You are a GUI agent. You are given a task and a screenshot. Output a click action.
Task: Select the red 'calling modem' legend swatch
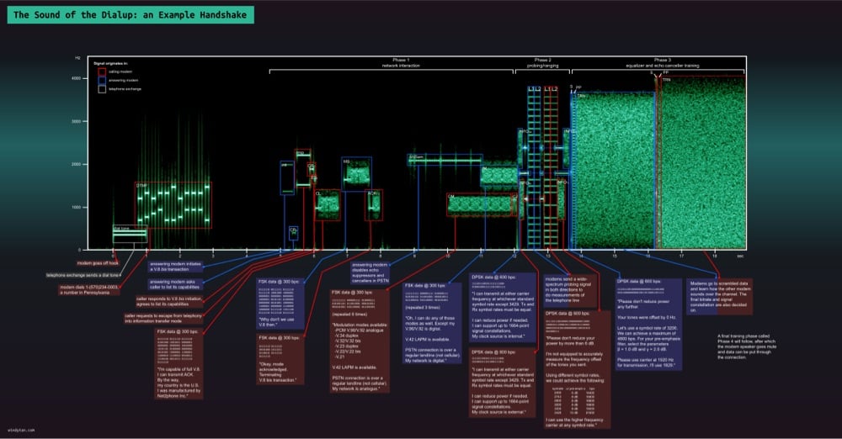tap(102, 71)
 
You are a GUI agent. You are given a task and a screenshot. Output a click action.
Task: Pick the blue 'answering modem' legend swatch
tap(102, 80)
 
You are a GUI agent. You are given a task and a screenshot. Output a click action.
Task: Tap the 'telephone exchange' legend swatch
tap(102, 88)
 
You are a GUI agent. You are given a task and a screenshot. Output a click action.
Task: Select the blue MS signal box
tap(356, 173)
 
